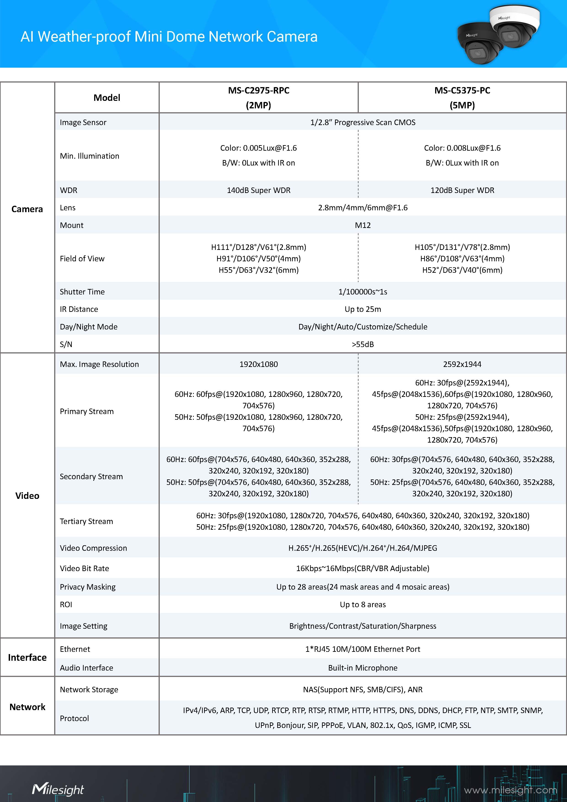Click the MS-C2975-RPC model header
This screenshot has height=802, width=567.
coord(258,97)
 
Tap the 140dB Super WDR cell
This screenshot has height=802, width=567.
coord(258,190)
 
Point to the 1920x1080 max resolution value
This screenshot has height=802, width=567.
coord(258,364)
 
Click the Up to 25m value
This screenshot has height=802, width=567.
coord(363,309)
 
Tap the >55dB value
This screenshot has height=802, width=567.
coord(363,344)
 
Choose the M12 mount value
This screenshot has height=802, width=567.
coord(363,225)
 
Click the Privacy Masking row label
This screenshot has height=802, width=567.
coord(88,587)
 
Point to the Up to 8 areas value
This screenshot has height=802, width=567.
coord(363,604)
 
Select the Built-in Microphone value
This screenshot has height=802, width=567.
coord(363,668)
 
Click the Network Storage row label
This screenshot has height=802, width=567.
coord(89,689)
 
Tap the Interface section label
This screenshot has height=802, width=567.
coord(27,657)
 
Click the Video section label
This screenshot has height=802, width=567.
coord(27,496)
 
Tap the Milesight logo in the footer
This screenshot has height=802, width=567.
coord(58,789)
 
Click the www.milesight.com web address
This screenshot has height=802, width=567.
coord(511,790)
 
